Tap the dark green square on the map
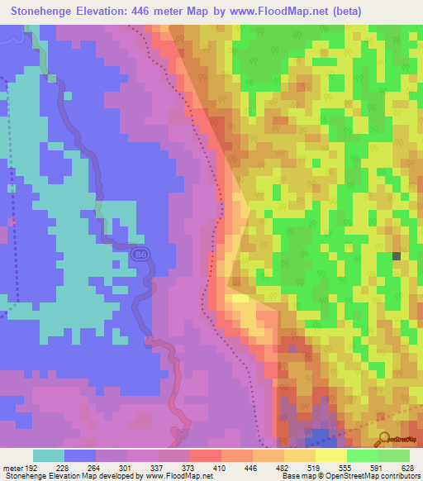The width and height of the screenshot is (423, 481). (x=396, y=256)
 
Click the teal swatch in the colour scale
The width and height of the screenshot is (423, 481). (x=49, y=455)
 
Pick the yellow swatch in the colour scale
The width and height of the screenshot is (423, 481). (x=331, y=455)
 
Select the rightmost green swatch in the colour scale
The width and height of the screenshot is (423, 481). (x=394, y=455)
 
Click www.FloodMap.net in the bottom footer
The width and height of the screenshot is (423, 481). (x=177, y=475)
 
